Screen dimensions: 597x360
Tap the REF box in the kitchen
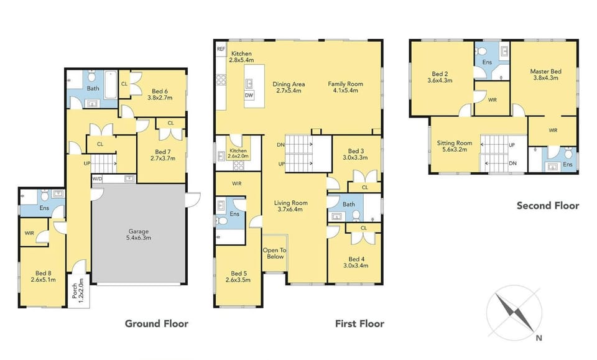[221, 49]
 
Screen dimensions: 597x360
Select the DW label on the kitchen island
[249, 96]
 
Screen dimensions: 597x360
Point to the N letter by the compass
[539, 338]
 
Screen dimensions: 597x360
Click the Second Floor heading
[548, 206]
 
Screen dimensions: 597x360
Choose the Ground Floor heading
[157, 324]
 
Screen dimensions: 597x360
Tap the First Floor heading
[359, 324]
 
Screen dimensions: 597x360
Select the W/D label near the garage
[97, 178]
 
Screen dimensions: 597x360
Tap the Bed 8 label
[44, 273]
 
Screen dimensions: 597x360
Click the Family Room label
[345, 84]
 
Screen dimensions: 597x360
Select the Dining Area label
[289, 84]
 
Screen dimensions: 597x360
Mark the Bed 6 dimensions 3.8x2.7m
[160, 98]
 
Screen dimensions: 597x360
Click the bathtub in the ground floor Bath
[111, 84]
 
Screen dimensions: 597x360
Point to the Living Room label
[290, 203]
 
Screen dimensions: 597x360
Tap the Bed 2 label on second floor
[440, 74]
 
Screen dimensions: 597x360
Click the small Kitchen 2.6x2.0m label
[238, 154]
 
